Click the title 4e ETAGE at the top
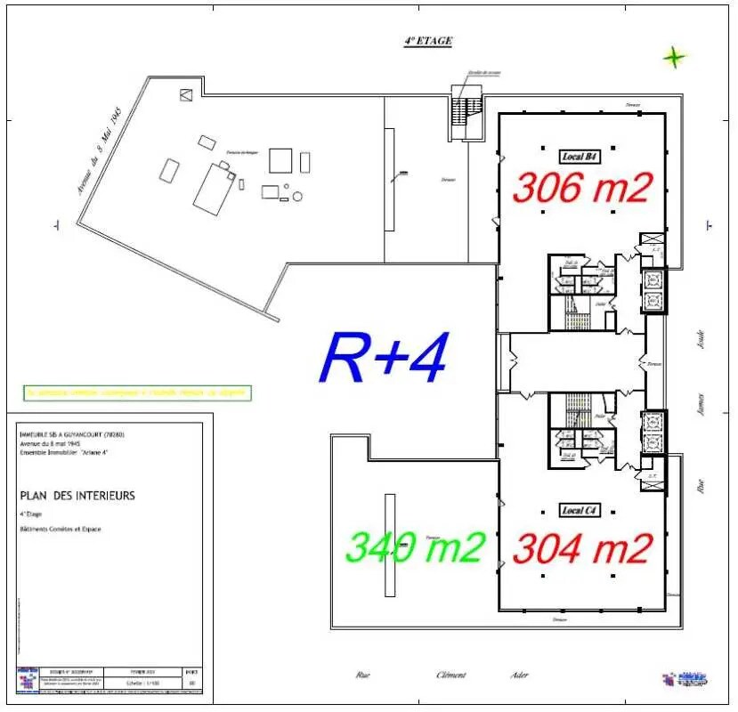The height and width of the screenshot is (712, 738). [428, 41]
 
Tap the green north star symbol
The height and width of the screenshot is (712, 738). [675, 58]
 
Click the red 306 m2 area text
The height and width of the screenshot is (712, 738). [582, 188]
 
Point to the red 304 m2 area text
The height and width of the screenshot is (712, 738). [582, 548]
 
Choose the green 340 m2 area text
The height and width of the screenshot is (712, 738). [415, 546]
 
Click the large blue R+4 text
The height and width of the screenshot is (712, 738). [383, 358]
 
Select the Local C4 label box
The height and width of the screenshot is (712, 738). [580, 510]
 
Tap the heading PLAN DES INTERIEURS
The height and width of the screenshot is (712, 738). [77, 496]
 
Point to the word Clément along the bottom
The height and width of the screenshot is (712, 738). [450, 675]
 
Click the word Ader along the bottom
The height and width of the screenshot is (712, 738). [519, 675]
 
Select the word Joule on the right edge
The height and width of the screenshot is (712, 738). [702, 338]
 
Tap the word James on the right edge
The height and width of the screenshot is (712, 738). [702, 407]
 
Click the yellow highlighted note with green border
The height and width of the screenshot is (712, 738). [137, 392]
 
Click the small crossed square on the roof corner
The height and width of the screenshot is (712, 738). [186, 94]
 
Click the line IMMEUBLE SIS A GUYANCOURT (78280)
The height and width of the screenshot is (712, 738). [71, 434]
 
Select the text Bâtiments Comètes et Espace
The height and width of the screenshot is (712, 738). [61, 530]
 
